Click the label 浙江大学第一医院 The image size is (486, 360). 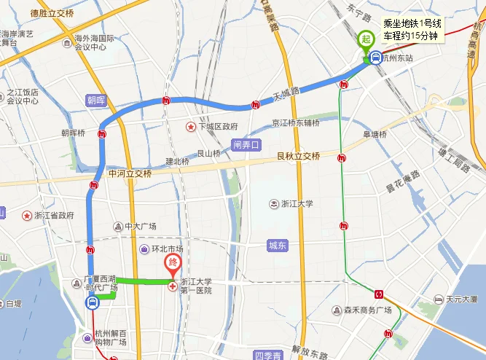coord(196,286)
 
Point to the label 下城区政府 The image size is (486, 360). coord(218,126)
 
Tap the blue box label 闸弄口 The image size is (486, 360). coord(246,144)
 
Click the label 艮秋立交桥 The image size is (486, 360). coord(299,156)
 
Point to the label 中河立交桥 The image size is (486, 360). coord(130,173)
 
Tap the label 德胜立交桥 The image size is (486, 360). coord(52,13)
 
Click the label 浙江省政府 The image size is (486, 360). coord(54,216)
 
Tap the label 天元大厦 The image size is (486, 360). coord(461,299)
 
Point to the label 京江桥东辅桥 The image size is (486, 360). coord(295,122)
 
